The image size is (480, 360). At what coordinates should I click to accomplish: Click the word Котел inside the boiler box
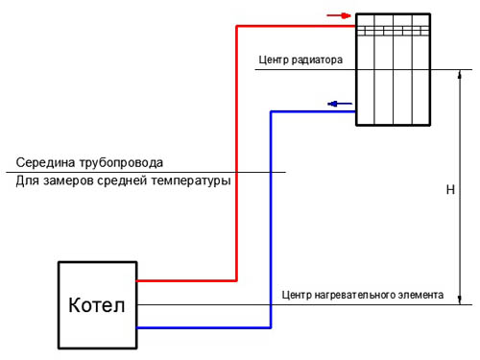97,305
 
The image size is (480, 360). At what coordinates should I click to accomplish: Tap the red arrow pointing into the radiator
339,15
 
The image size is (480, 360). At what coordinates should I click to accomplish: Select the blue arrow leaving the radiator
340,104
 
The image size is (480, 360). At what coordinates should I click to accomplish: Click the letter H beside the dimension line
450,190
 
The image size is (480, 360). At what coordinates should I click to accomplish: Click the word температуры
191,181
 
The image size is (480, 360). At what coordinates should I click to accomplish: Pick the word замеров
69,180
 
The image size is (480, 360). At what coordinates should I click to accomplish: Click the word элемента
420,295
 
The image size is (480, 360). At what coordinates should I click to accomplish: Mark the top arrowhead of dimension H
460,74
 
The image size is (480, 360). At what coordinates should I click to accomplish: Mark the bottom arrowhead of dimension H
460,300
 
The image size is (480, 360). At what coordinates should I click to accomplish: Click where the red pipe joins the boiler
137,280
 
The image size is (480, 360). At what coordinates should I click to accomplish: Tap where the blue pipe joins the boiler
137,327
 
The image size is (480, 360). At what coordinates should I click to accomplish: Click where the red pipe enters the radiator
356,26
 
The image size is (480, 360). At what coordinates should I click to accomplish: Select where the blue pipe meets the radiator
356,111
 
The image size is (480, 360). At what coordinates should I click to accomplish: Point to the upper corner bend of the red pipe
236,26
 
